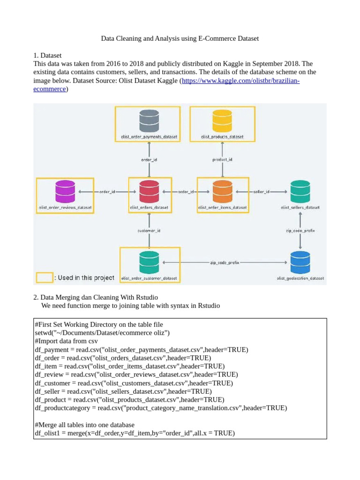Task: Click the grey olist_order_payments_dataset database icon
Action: point(149,121)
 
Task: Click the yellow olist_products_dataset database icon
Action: point(222,121)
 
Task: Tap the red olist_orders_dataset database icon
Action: point(149,192)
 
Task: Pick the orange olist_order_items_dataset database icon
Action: point(222,192)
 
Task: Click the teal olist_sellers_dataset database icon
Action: point(300,192)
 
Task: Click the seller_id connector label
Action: point(261,192)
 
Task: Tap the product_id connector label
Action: point(222,160)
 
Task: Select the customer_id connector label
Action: point(149,231)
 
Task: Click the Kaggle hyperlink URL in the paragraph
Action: point(240,81)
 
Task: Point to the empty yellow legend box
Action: point(45,277)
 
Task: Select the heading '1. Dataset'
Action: point(48,55)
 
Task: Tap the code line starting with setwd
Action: point(102,333)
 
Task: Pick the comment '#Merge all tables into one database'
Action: point(85,425)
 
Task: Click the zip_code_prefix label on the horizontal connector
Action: point(225,263)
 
